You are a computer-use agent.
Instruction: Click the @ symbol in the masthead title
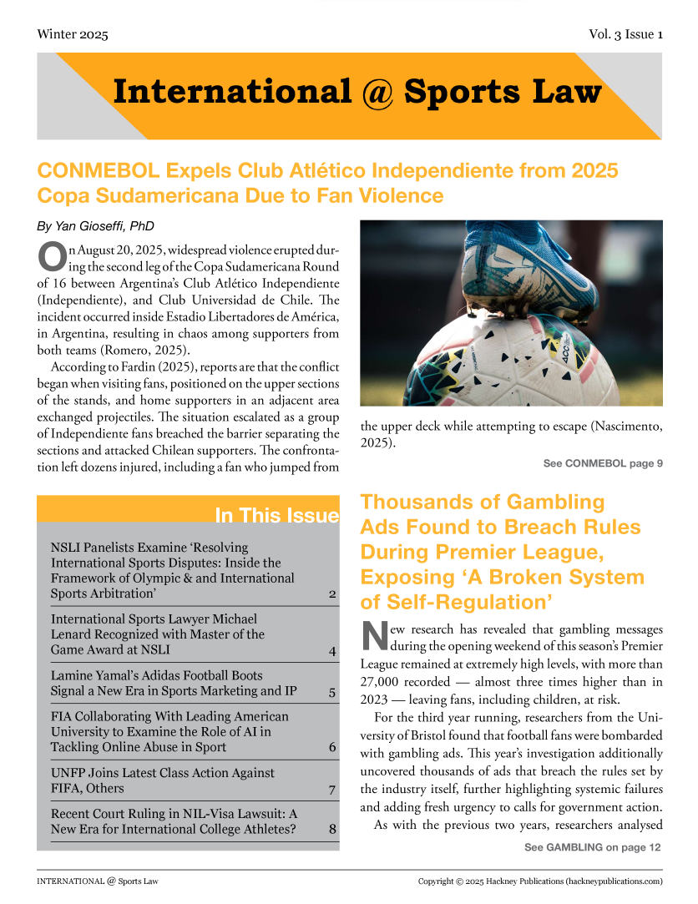pos(377,93)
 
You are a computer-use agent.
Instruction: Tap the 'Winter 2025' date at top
pos(73,34)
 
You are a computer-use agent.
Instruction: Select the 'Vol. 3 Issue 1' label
pos(625,34)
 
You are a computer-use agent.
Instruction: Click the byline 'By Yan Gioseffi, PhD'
pos(96,226)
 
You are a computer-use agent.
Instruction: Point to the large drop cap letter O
pos(51,255)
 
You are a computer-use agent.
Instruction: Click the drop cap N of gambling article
pos(373,637)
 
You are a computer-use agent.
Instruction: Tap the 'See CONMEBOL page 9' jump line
pos(603,463)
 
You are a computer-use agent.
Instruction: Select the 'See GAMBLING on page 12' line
pos(593,847)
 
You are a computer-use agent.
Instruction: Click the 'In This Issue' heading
pos(276,515)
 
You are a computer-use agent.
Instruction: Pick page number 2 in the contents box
pos(332,594)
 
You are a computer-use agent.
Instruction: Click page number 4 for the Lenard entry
pos(332,650)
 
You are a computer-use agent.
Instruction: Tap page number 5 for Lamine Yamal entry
pos(332,691)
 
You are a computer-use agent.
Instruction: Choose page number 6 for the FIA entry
pos(332,747)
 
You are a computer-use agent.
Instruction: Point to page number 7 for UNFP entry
pos(332,789)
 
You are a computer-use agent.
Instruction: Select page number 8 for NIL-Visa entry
pos(332,830)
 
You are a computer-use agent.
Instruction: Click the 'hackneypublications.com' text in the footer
pos(613,881)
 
